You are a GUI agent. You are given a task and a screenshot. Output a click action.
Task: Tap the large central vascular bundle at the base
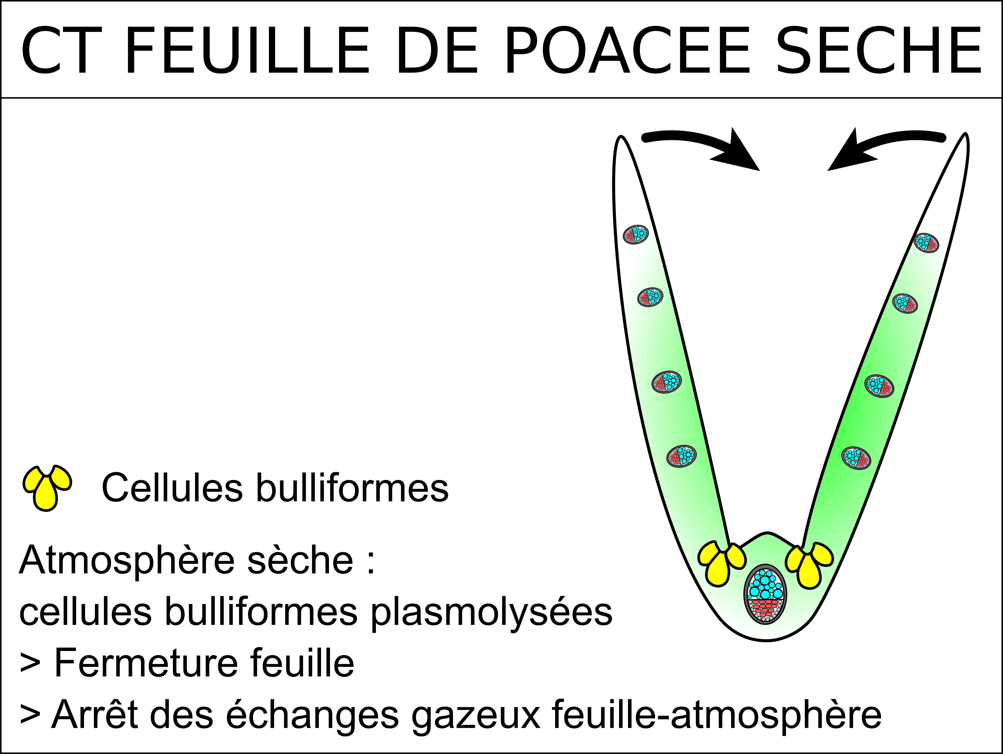[765, 595]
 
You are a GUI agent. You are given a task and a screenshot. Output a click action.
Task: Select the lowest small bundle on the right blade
[856, 458]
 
